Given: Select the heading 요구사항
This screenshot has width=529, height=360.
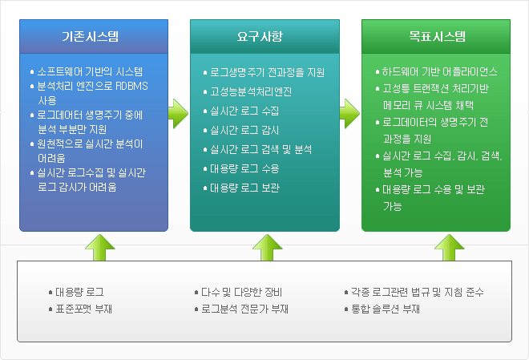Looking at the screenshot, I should coord(259,36).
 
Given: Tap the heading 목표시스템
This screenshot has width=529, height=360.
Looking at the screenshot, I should coord(437,36).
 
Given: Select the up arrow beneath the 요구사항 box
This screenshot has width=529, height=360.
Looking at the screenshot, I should coord(264,247).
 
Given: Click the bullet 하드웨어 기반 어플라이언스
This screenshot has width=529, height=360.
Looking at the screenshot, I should coord(440,71).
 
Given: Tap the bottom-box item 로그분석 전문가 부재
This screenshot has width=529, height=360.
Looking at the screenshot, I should coord(245,308).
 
